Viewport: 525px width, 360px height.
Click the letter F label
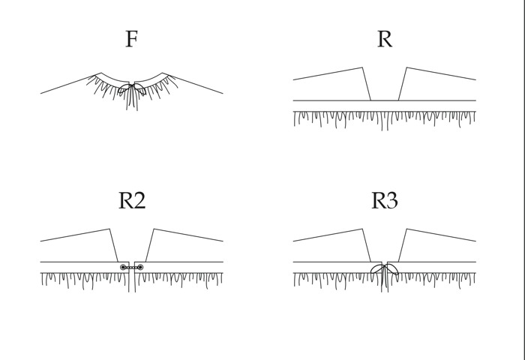(131, 39)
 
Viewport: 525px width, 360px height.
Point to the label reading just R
(384, 39)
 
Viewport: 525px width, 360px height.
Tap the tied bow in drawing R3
(385, 270)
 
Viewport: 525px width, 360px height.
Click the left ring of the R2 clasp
(123, 267)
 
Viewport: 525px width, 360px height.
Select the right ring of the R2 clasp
(140, 267)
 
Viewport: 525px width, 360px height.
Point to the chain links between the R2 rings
(131, 267)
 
